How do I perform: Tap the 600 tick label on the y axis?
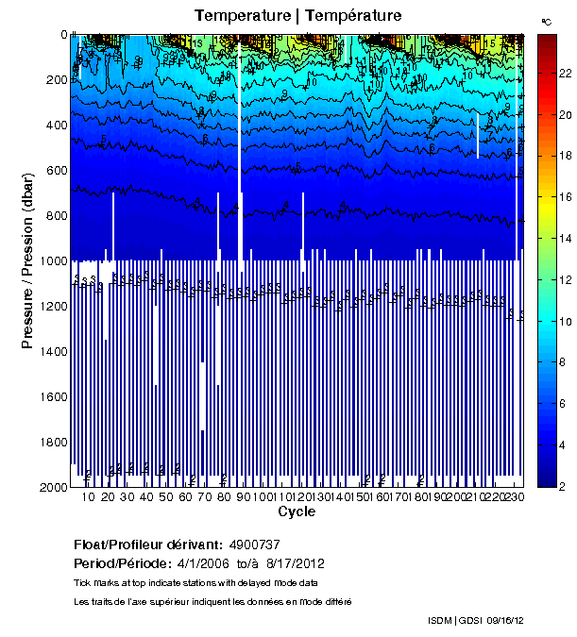pos(53,170)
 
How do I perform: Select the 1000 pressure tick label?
pos(50,260)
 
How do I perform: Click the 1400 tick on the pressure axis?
pos(50,351)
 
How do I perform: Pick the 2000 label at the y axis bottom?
pos(50,487)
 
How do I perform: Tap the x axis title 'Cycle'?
pos(297,512)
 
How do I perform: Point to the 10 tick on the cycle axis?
pos(89,497)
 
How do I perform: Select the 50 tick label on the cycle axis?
pos(166,497)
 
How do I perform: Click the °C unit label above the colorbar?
pos(547,20)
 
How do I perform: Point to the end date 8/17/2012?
pos(285,563)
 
